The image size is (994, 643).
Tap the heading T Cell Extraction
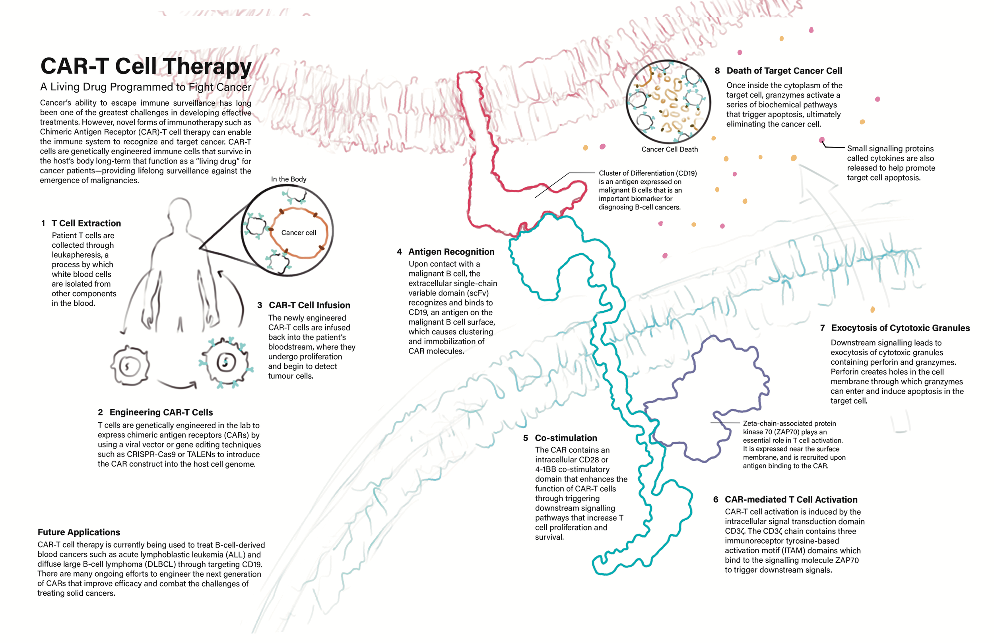(86, 223)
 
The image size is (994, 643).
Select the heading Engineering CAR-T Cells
(161, 412)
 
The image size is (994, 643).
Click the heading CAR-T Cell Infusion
(309, 305)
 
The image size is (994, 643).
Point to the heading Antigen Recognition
(451, 252)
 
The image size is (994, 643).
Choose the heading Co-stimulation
(566, 438)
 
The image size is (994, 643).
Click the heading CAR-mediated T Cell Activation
(791, 500)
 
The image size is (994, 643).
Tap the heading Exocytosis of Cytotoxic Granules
(900, 328)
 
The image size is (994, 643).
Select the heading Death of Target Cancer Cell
(784, 71)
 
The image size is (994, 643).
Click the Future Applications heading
(79, 532)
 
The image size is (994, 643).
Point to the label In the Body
(289, 179)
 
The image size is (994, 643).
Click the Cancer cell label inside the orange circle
(299, 233)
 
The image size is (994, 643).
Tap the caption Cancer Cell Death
(669, 150)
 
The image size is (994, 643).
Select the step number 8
(717, 71)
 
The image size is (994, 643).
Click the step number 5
(525, 438)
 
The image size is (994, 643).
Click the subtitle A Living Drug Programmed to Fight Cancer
(146, 87)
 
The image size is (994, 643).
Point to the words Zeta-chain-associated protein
(789, 423)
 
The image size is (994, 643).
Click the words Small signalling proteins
(890, 149)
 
